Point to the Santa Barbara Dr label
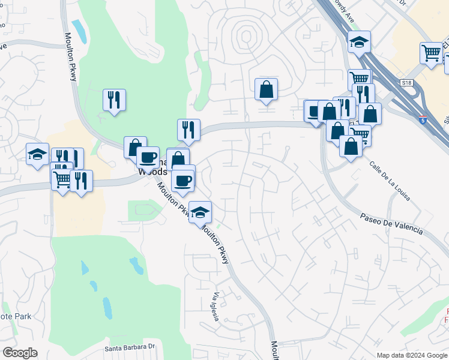point(130,347)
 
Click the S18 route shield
point(408,82)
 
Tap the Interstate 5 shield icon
point(424,120)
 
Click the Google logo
point(20,353)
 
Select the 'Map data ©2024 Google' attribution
point(412,355)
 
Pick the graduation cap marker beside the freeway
point(359,42)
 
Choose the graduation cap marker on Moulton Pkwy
point(200,211)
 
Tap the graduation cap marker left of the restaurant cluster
point(37,154)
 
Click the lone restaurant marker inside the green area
point(114,100)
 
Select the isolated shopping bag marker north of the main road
point(266,89)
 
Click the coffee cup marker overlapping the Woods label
point(148,158)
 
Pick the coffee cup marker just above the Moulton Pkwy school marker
point(183,179)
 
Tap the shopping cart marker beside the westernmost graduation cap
point(62,178)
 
